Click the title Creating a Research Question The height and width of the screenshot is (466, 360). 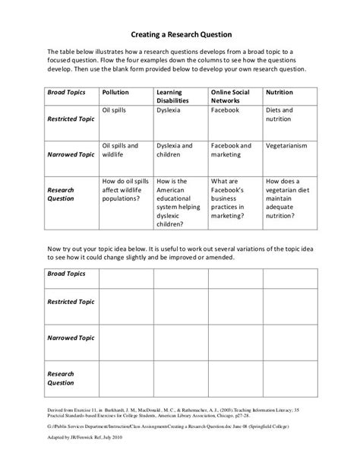pyautogui.click(x=180, y=34)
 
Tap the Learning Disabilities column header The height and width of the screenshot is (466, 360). pyautogui.click(x=173, y=97)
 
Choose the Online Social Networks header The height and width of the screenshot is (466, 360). pyautogui.click(x=231, y=97)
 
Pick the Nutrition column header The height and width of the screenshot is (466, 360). pyautogui.click(x=279, y=92)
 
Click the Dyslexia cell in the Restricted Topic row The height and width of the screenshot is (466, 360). pyautogui.click(x=170, y=110)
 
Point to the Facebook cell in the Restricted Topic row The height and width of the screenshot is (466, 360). pyautogui.click(x=226, y=110)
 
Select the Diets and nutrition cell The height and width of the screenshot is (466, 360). pyautogui.click(x=281, y=115)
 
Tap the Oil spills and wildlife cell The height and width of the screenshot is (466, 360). pyautogui.click(x=122, y=149)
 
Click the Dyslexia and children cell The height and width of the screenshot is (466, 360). pyautogui.click(x=174, y=149)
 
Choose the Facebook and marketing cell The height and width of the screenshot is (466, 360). pyautogui.click(x=232, y=149)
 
